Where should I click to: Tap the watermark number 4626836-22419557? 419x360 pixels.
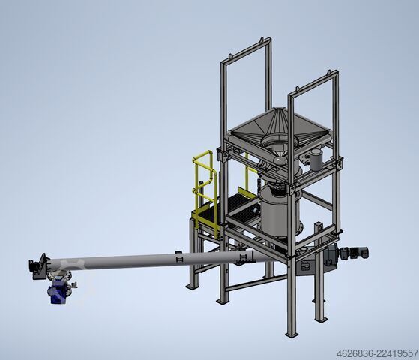pos(377,354)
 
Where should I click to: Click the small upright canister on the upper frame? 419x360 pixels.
pos(316,160)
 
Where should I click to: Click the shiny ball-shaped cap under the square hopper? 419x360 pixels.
pos(280,160)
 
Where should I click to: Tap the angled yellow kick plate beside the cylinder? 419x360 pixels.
pos(247,193)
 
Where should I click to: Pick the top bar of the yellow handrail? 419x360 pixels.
pos(202,155)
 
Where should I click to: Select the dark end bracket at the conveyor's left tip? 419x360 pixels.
pos(37,267)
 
